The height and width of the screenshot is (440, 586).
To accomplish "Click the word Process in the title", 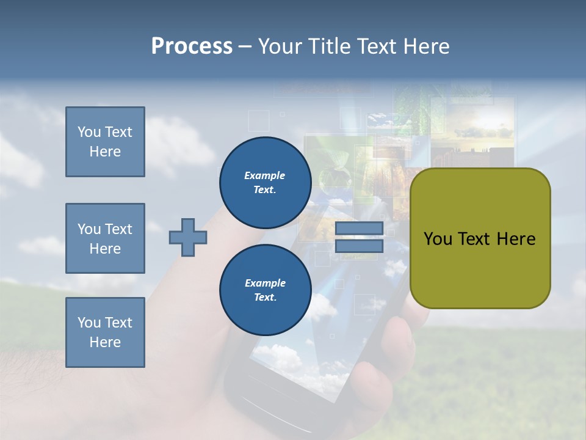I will [x=192, y=46].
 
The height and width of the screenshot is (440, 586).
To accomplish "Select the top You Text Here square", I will [x=105, y=142].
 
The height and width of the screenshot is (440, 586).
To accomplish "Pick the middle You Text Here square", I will [x=105, y=238].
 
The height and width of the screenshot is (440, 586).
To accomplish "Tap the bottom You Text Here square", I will [x=105, y=332].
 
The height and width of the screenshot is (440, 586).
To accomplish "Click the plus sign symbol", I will [x=188, y=237].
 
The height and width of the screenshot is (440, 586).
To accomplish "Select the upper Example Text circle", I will [x=265, y=182].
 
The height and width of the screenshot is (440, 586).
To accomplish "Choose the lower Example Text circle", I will [x=265, y=290].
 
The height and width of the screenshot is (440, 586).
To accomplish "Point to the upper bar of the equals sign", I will [x=359, y=229].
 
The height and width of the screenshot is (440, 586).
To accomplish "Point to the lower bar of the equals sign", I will [x=359, y=246].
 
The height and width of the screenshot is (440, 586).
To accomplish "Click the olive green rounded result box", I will [x=480, y=269].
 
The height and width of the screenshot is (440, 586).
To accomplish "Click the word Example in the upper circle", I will [x=265, y=175].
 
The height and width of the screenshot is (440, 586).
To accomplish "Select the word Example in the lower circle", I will [x=265, y=283].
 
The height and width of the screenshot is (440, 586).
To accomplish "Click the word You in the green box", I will [x=438, y=239].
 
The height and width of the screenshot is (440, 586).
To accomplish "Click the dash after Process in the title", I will [x=245, y=46].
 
